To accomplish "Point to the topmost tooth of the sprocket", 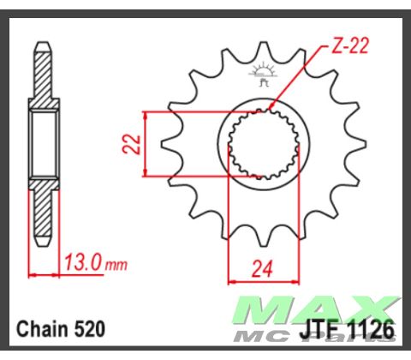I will click(262, 53).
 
